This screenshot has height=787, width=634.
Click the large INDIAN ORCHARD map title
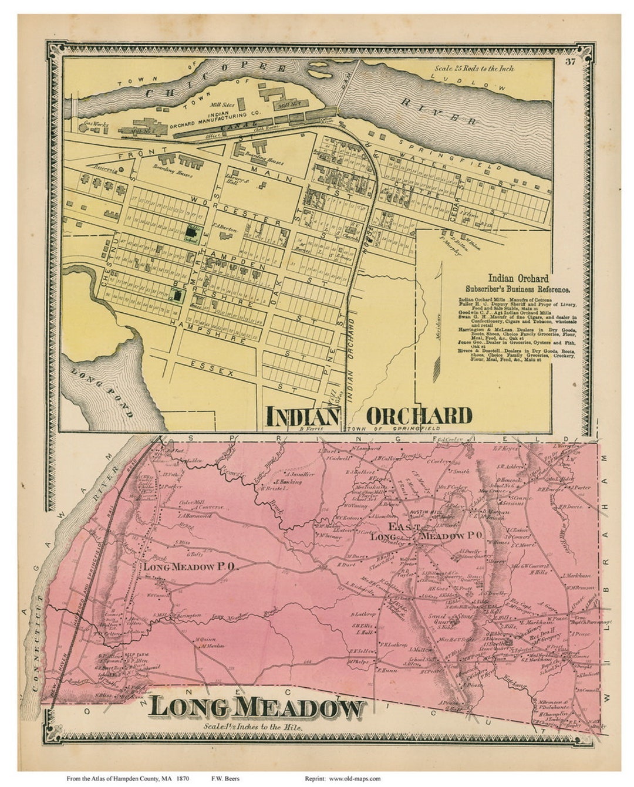(369, 416)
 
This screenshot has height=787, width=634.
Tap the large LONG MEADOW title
(256, 708)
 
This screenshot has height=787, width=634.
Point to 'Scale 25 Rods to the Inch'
(474, 69)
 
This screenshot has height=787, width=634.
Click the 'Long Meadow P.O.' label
(190, 566)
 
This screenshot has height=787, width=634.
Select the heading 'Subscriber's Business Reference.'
(517, 289)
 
